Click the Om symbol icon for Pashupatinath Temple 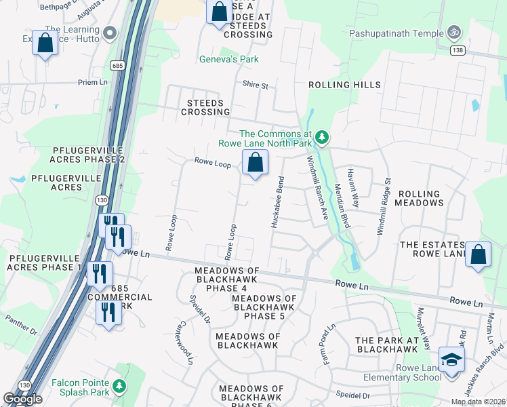coord(453,32)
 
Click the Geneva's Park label coord(229,60)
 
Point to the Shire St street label coord(256,85)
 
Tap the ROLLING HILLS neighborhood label coord(344,85)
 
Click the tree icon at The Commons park coord(323,138)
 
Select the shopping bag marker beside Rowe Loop coord(255,163)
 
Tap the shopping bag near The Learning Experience coord(45,43)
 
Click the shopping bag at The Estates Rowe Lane coord(479,255)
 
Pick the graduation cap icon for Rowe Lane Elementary coord(451,360)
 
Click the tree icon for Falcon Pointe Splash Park coord(120,386)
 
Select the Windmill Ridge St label coord(384,207)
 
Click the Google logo coord(23,399)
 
